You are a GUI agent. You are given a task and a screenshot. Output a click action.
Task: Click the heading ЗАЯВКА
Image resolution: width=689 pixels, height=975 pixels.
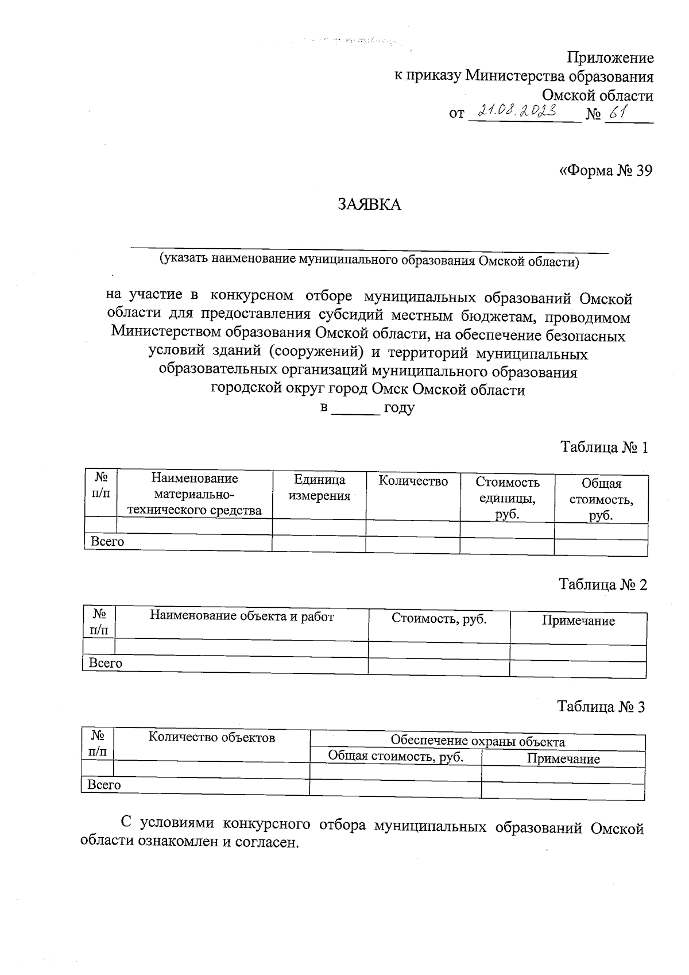click(369, 205)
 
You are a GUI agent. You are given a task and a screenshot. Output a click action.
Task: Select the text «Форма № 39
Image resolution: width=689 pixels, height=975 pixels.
click(606, 171)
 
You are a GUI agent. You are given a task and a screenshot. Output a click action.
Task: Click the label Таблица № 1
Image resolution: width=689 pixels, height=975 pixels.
click(604, 448)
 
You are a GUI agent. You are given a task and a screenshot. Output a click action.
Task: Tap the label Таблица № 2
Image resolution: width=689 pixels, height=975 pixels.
click(603, 585)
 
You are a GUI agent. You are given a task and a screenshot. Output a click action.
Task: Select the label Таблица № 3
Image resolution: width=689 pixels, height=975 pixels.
click(601, 707)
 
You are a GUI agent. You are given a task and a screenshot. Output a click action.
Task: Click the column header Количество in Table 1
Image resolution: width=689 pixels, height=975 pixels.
click(413, 481)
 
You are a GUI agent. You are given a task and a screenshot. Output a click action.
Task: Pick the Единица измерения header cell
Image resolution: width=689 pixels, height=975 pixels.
click(319, 488)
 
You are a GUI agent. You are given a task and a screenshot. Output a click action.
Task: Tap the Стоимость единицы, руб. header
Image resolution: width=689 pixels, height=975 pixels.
click(508, 498)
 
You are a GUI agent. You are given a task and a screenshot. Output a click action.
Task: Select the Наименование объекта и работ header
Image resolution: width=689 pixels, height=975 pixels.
click(242, 616)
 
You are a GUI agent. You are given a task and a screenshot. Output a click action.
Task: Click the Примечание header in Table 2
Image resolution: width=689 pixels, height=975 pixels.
click(578, 621)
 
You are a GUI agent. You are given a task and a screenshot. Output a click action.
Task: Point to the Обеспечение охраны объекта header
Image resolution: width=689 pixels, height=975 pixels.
click(478, 741)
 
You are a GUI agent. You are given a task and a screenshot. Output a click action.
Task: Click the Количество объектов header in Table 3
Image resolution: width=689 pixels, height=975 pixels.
click(212, 737)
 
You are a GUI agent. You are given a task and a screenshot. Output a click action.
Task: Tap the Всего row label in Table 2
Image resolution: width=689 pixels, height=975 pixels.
click(106, 663)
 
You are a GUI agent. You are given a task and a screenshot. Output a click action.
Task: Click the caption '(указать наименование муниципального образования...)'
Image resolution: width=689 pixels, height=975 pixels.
click(370, 261)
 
